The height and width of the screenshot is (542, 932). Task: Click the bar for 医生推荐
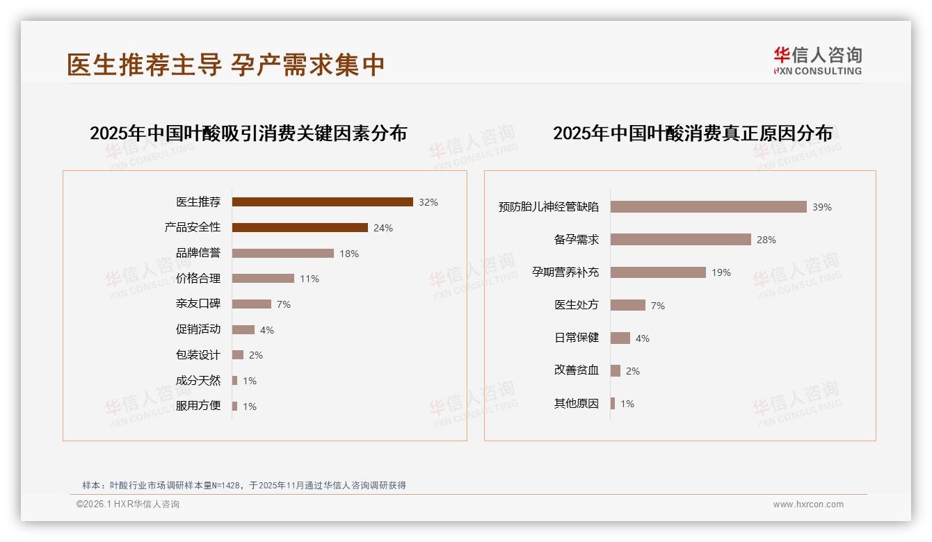point(322,202)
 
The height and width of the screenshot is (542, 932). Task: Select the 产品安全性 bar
point(300,227)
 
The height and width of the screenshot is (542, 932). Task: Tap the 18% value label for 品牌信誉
point(349,254)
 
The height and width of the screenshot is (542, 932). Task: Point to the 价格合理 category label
point(198,279)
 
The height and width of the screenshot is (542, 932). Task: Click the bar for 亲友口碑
point(252,304)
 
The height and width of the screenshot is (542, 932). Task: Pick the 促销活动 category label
point(198,329)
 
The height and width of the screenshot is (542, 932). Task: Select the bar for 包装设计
point(238,355)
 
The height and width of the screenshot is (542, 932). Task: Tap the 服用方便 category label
point(198,406)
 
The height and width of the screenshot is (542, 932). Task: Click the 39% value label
point(822,207)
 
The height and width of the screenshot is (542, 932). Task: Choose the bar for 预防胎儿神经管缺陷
point(708,207)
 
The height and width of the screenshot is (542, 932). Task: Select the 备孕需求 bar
point(680,240)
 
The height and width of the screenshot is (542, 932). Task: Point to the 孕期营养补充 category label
point(565,272)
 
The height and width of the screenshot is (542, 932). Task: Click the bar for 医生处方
point(628,305)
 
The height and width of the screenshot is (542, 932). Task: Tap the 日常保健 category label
point(577,338)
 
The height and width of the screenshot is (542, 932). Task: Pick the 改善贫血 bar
point(616,371)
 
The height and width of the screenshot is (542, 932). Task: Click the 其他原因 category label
point(577,404)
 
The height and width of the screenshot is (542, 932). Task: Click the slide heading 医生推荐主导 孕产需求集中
point(226,65)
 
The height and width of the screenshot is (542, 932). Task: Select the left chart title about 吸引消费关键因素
point(248,133)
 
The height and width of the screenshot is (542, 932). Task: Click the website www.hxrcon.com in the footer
point(808,504)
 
